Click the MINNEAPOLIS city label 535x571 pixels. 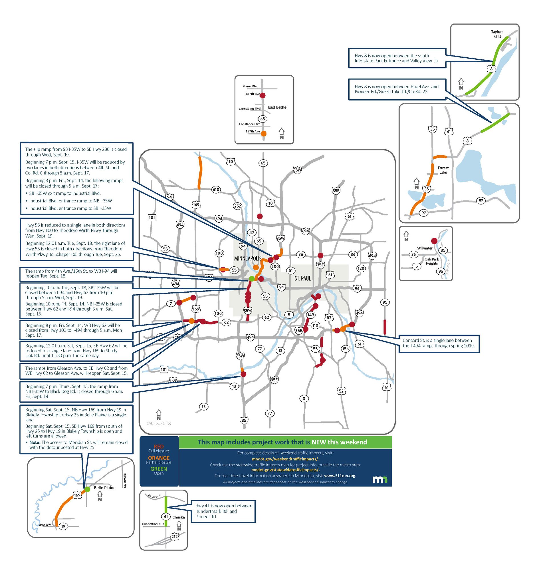pos(248,258)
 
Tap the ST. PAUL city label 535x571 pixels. pos(302,278)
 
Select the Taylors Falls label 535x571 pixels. pos(497,34)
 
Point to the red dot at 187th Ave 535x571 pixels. pos(262,95)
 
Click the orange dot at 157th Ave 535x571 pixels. pos(263,133)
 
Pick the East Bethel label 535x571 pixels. pos(278,107)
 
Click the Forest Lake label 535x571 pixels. pos(443,170)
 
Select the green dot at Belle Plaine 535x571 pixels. pos(88,489)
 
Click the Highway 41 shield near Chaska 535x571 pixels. pos(165,516)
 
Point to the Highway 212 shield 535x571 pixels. pos(175,536)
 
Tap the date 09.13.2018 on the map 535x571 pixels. pos(158,423)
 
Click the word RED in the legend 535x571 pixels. pos(159,446)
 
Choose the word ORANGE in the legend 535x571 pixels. pos(159,458)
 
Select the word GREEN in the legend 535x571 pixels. pos(159,469)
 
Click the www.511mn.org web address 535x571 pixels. pos(340,476)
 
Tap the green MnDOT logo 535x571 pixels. pos(380,480)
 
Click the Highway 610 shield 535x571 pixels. pos(216,189)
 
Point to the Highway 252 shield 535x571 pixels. pos(238,206)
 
